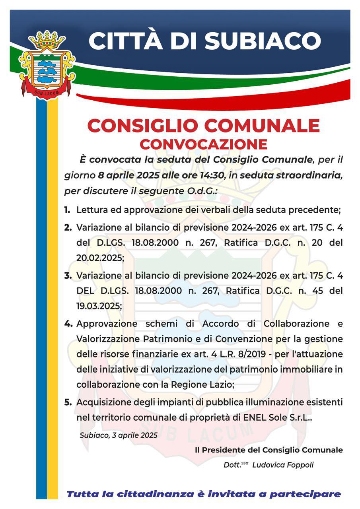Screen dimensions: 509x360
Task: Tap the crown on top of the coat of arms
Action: pos(47,40)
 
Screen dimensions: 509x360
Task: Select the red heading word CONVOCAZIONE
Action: pos(203,144)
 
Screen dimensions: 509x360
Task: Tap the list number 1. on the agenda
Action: pos(67,209)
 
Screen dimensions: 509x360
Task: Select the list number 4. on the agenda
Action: pos(68,323)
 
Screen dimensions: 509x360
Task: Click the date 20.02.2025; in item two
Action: pos(100,257)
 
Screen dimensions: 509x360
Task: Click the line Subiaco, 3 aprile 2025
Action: pos(118,435)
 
